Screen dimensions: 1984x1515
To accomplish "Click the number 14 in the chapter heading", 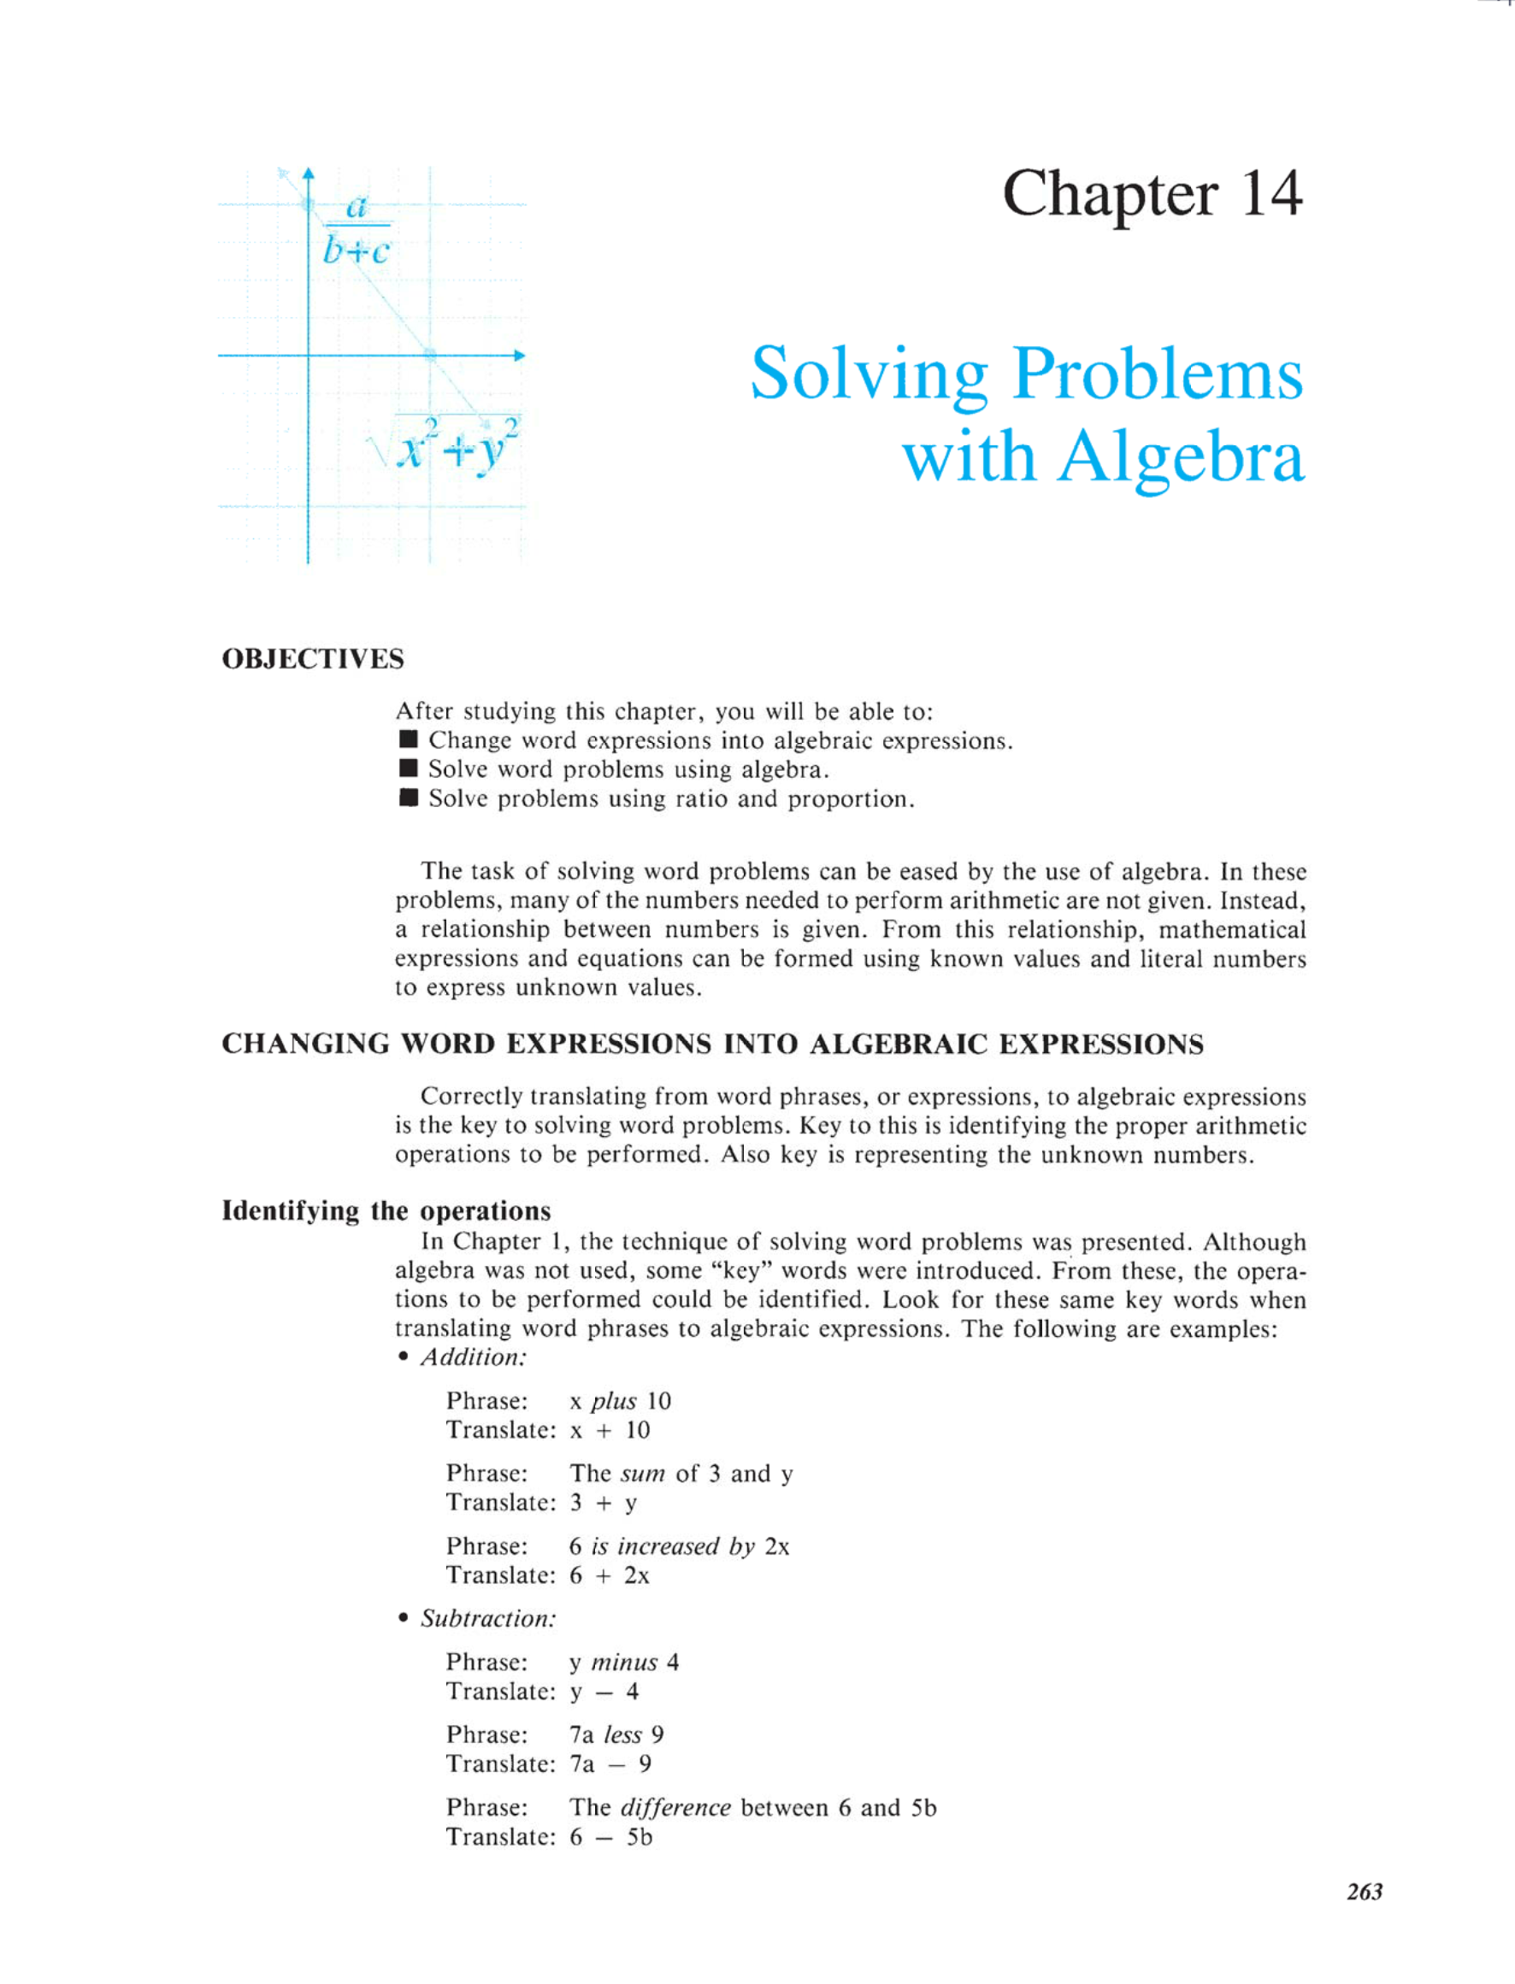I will pos(1270,193).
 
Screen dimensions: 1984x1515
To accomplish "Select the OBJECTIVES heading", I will pos(313,659).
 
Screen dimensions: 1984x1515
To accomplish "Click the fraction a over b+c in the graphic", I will pos(357,229).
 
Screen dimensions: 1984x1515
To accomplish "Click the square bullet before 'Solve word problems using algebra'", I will pos(409,769).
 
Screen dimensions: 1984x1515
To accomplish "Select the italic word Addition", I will pos(474,1357).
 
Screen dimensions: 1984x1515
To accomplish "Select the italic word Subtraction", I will pos(488,1619).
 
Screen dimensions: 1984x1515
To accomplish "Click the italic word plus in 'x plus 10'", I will pos(613,1402).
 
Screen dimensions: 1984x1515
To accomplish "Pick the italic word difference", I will pos(675,1807).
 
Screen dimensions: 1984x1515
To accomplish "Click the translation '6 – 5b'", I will pos(610,1837).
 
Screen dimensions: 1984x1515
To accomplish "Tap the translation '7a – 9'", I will pos(610,1764).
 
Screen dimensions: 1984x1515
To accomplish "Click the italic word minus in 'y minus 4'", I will pos(624,1663).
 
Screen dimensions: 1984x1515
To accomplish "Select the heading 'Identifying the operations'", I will pos(386,1210).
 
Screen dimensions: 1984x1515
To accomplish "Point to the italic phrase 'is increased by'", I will pos(672,1547).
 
